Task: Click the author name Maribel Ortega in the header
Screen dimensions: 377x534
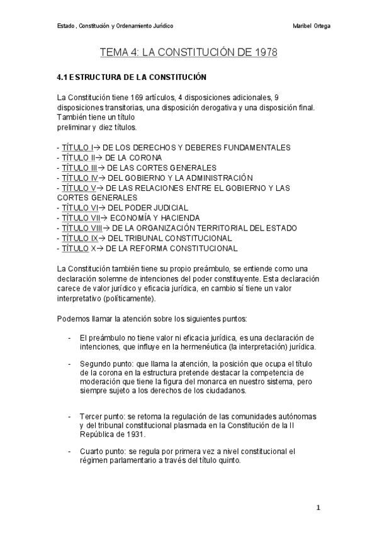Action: pyautogui.click(x=312, y=26)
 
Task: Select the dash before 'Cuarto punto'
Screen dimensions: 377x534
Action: pyautogui.click(x=69, y=452)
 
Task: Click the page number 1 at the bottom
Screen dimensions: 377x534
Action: pyautogui.click(x=318, y=508)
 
